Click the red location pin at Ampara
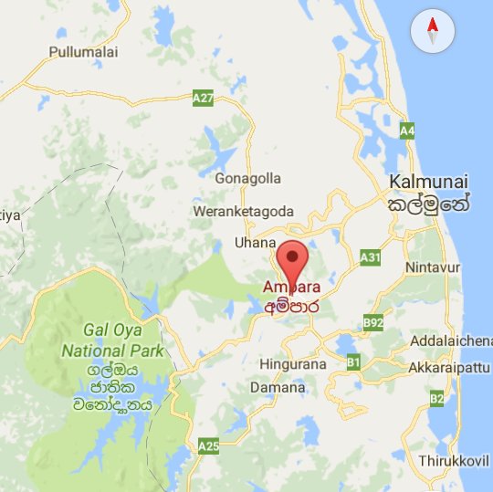click(291, 261)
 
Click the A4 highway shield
click(407, 131)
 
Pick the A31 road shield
click(370, 257)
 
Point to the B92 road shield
click(372, 322)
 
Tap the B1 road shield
click(354, 362)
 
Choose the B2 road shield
click(436, 398)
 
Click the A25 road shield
click(208, 445)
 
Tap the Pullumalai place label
click(84, 53)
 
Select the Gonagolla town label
click(247, 179)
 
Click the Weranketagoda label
click(243, 212)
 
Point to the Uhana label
click(255, 243)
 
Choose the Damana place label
click(278, 388)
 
